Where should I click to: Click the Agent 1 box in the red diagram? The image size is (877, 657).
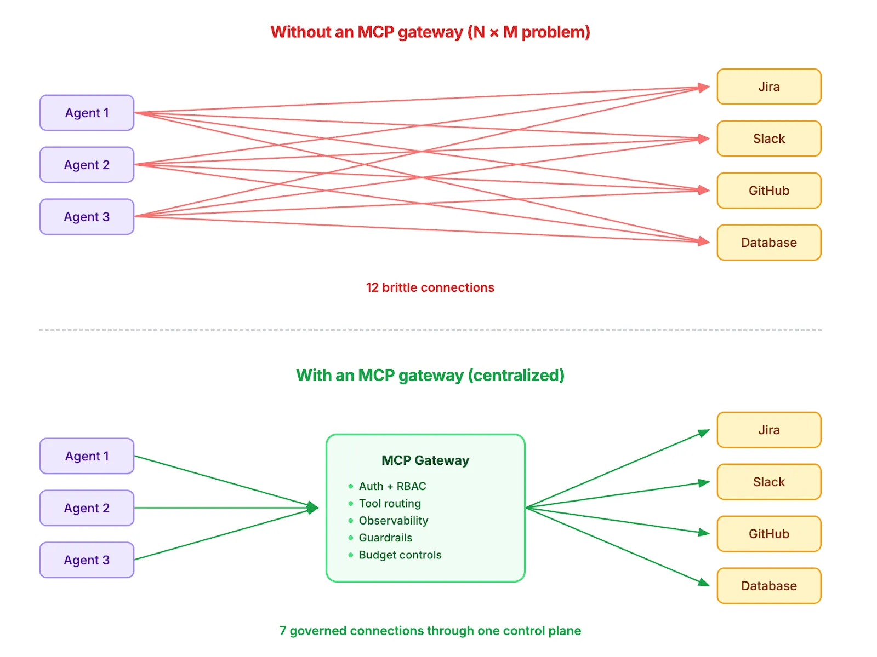(87, 113)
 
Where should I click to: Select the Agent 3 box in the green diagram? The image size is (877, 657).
(87, 560)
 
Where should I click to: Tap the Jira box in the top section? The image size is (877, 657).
(768, 87)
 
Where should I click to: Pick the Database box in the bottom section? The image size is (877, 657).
(768, 586)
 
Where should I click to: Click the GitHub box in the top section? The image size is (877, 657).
(768, 191)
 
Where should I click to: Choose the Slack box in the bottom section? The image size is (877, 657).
(768, 482)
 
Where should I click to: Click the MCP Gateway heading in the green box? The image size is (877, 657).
(425, 460)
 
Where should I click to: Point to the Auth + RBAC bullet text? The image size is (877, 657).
(392, 486)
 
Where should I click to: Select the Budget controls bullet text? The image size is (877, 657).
(400, 555)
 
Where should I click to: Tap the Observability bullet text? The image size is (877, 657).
(393, 521)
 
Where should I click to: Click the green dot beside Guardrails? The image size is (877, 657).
(351, 538)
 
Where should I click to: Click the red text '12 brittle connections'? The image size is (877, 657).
(430, 287)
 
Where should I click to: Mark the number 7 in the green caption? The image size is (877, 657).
(283, 631)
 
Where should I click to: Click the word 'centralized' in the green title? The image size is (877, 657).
(515, 375)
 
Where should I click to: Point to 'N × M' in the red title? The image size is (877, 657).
(494, 32)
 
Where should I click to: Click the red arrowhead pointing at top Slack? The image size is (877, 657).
(704, 139)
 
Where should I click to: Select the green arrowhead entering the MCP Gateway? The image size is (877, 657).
(313, 508)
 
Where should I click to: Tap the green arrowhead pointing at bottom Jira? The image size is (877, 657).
(704, 433)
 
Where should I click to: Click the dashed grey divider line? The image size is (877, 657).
(430, 330)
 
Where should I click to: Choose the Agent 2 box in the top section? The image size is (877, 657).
(87, 165)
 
